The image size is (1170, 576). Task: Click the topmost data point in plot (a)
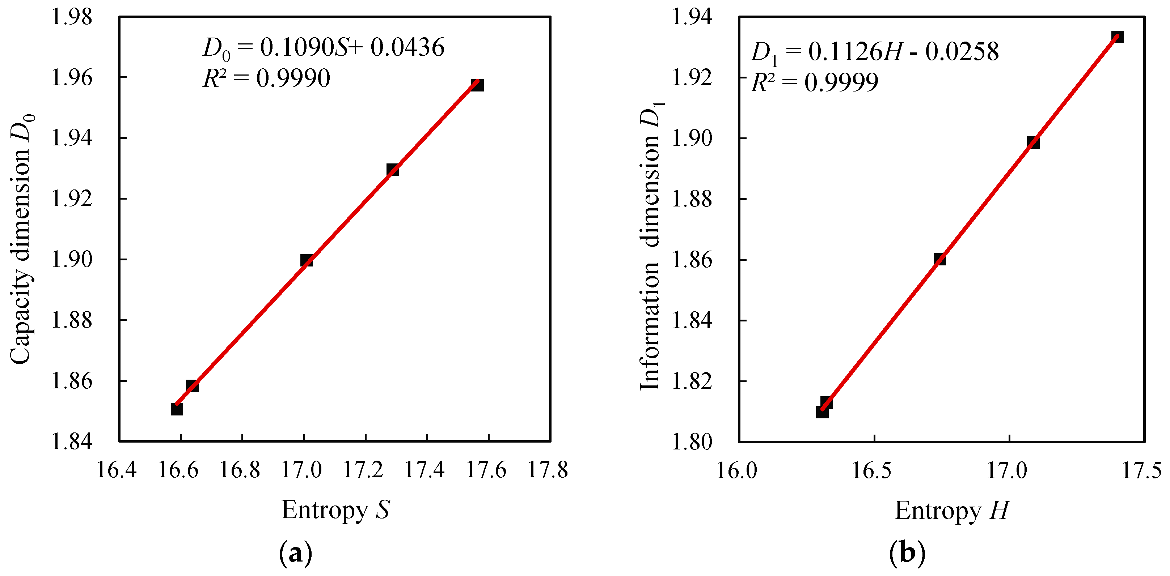[x=477, y=85]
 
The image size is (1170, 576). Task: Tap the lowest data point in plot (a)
[x=177, y=409]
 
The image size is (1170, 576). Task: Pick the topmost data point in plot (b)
[x=1117, y=37]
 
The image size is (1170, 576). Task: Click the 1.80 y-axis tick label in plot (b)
[x=692, y=441]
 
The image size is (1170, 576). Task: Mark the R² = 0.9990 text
[x=266, y=78]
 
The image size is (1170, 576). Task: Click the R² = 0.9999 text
[x=814, y=82]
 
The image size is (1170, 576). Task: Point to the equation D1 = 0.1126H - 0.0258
[x=874, y=52]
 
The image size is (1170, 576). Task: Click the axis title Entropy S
[x=335, y=510]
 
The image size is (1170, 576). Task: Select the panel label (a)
[x=296, y=552]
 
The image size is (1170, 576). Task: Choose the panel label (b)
[x=907, y=552]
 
